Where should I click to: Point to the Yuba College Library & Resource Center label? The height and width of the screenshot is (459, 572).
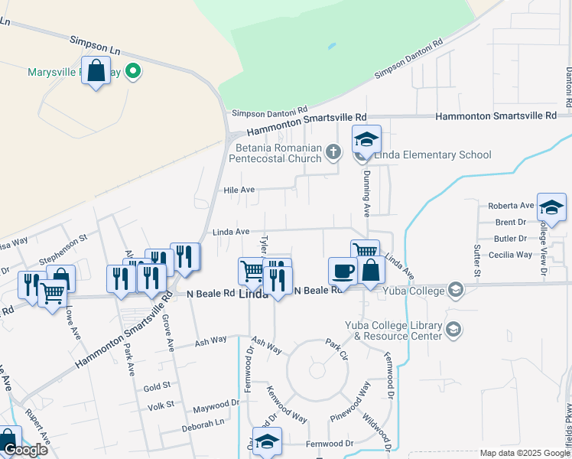coord(393,330)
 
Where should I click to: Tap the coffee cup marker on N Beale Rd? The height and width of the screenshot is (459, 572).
coord(343,272)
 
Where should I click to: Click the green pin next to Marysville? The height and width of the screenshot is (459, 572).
coord(134,72)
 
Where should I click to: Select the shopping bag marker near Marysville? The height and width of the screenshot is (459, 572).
coord(96,71)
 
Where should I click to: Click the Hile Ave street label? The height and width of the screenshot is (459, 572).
coord(239,190)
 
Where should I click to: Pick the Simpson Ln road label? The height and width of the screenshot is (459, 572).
coord(95,44)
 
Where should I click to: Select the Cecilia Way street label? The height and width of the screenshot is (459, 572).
coord(509,255)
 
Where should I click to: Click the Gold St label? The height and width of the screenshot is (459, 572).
coord(156,388)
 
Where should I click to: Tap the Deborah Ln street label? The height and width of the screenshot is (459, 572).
coord(203,422)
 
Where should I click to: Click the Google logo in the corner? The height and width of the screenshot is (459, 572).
coord(25,450)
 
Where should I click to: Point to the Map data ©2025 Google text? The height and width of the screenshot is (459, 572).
coord(524,454)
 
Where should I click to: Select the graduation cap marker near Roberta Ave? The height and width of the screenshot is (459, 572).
coord(551,207)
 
